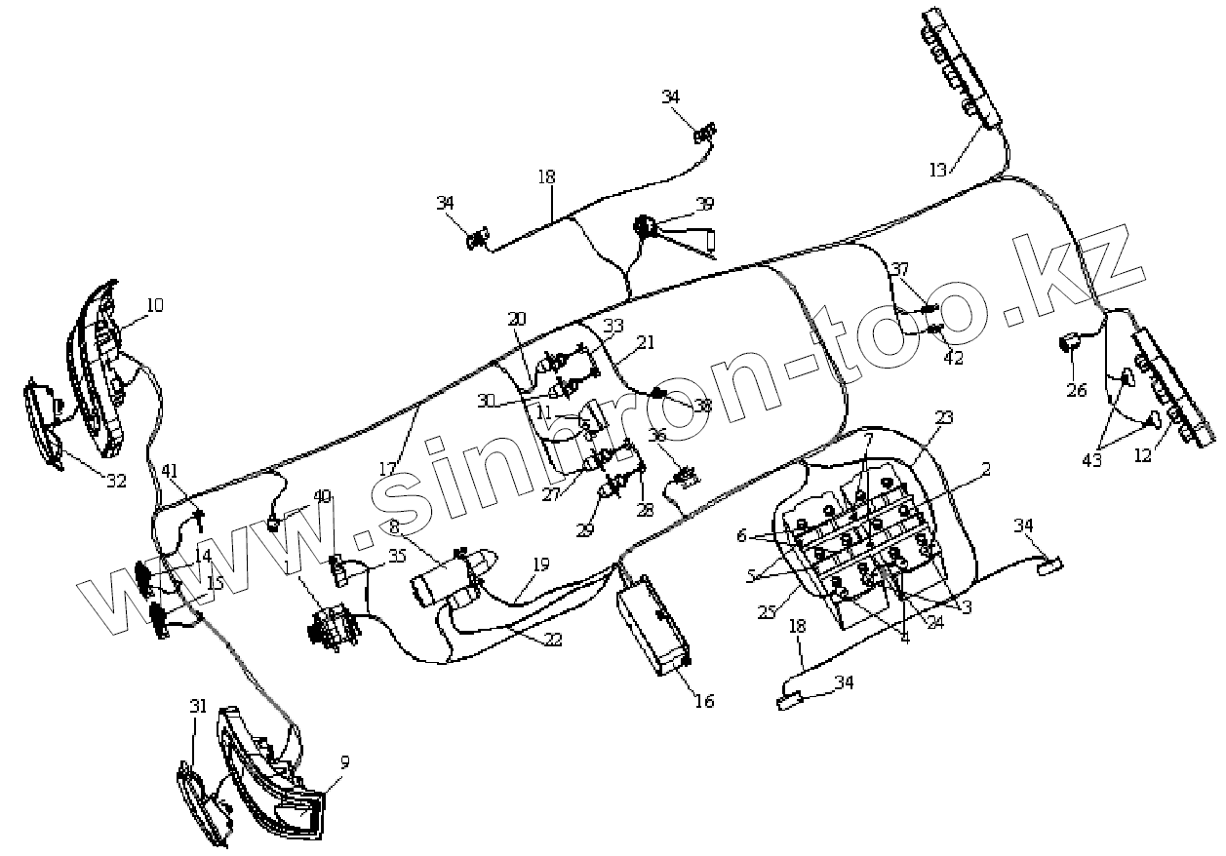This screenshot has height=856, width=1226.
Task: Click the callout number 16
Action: [703, 701]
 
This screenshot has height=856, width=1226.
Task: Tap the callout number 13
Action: [936, 171]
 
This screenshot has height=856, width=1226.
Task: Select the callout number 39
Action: [704, 204]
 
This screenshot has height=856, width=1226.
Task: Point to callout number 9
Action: [344, 761]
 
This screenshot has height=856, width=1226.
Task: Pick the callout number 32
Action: [117, 480]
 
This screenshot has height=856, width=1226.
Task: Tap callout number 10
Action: [154, 305]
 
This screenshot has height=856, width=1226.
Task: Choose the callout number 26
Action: [1076, 390]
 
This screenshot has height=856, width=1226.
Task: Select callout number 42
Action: [953, 358]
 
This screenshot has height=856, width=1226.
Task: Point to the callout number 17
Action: [388, 469]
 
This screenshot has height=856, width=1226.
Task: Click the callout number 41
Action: [171, 471]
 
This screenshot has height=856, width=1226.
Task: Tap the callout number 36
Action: [657, 436]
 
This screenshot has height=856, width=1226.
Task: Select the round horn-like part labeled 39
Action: [645, 226]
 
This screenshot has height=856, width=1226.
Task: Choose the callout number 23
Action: [944, 417]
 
